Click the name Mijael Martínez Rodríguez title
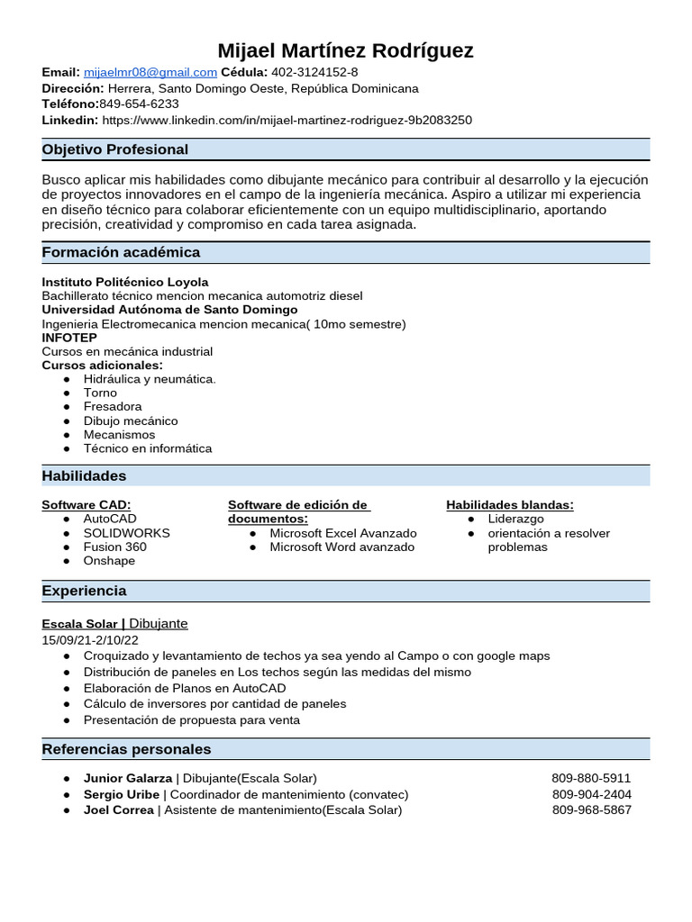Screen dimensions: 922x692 coord(345,50)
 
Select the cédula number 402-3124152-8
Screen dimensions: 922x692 coord(314,72)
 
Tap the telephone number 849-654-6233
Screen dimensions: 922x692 coord(139,104)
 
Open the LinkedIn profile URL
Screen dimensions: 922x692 coord(287,120)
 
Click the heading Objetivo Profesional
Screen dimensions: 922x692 coord(115,149)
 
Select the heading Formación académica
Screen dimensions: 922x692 coord(121,252)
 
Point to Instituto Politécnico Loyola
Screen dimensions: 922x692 coord(125,282)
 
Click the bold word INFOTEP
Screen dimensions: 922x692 coord(69,338)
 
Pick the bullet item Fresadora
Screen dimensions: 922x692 coord(113,407)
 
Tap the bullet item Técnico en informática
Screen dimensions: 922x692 coord(148,448)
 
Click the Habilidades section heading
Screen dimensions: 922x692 coord(84,475)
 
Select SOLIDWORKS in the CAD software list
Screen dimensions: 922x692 coord(126,533)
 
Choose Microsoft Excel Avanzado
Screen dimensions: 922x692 coord(343,533)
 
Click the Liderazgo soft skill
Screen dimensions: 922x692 coord(515,520)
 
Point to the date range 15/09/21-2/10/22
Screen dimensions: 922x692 coord(90,640)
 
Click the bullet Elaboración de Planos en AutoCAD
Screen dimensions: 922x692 coord(185,688)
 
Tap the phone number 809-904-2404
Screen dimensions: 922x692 coord(591,794)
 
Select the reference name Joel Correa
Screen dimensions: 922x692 coord(118,810)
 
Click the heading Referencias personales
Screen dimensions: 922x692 coord(126,749)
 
